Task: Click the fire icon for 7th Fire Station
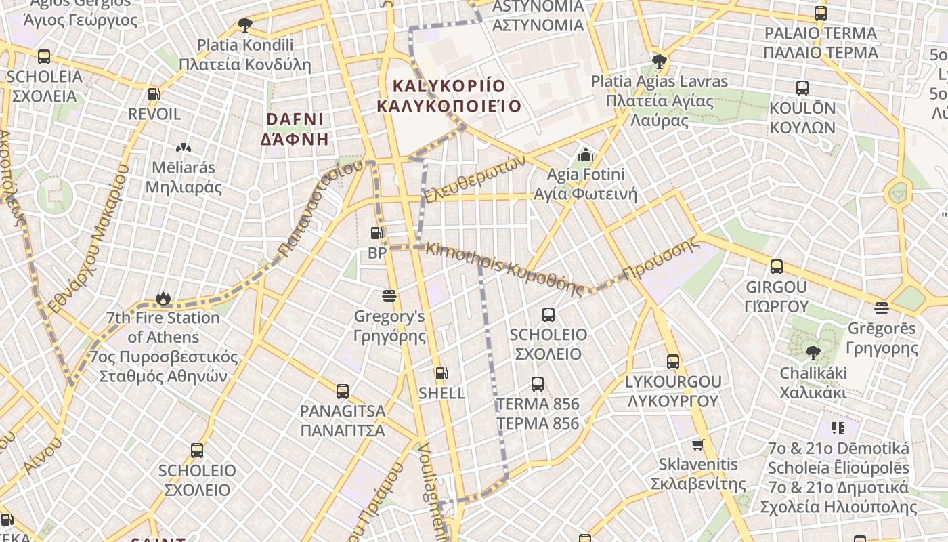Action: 163,298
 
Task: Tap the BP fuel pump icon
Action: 376,234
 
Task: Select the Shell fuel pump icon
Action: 441,373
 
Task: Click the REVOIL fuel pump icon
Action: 154,94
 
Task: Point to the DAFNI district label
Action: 295,129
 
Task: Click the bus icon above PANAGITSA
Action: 343,391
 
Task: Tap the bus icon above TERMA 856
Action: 538,384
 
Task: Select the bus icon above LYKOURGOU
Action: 672,362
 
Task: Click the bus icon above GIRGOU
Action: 777,267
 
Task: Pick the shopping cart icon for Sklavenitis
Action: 698,445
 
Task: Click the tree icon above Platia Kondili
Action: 244,25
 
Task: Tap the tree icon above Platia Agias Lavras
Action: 659,62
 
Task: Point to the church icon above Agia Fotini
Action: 586,154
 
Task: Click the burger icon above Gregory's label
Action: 389,296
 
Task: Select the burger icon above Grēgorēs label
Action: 882,309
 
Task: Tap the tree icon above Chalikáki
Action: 813,353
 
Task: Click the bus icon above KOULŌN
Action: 802,88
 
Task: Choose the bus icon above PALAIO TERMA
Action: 821,14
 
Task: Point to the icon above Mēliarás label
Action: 183,148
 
